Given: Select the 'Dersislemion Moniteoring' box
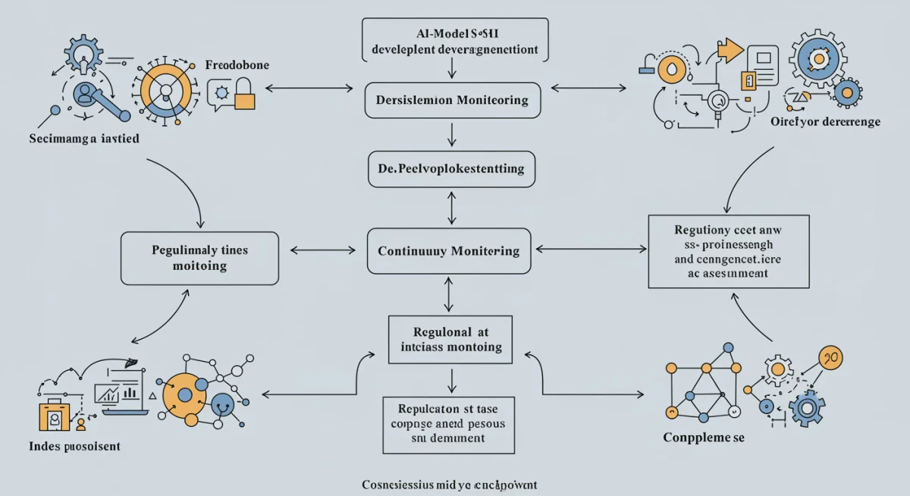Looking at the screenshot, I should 452,100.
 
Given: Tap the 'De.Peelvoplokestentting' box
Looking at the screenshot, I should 450,168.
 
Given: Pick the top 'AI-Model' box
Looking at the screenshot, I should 454,39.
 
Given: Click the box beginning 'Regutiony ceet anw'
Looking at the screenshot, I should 728,251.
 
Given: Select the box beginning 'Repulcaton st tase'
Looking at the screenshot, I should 448,424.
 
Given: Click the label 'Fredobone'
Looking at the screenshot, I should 237,66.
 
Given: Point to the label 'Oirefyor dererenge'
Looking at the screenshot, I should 825,121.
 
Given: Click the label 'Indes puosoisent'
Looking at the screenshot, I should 74,446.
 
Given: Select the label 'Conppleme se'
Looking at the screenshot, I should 704,438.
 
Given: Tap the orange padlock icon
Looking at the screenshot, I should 244,98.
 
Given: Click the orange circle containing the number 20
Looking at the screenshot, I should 830,357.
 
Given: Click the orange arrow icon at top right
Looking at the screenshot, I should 729,50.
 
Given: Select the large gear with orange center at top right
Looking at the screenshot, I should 817,58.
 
